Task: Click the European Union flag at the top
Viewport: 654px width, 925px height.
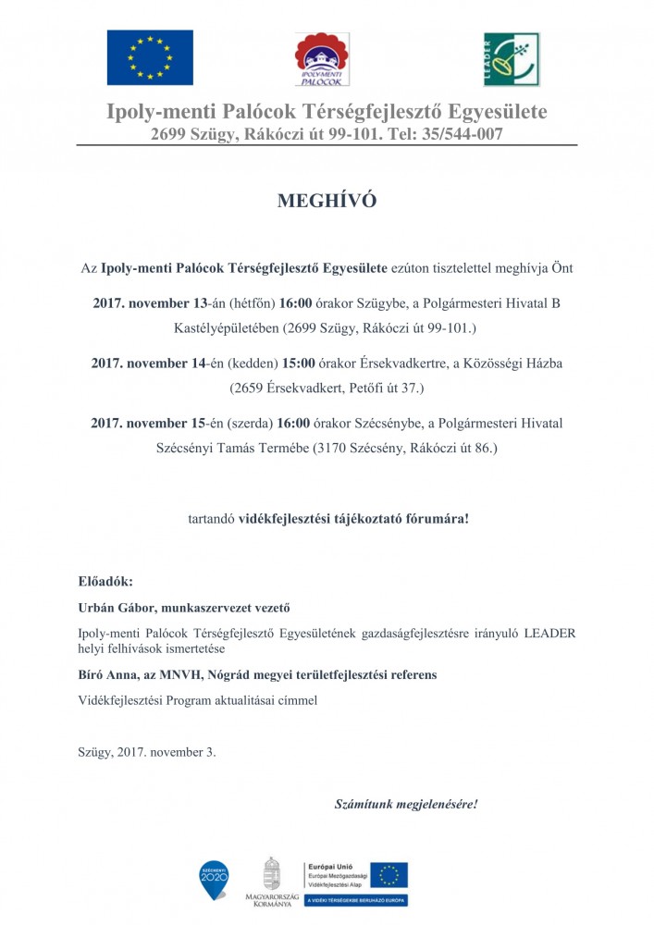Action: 150,56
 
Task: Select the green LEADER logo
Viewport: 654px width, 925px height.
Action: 511,58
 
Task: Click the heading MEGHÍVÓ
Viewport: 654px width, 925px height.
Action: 327,202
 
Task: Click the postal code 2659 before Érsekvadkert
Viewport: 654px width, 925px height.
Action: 247,388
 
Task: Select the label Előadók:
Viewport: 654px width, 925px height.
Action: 105,582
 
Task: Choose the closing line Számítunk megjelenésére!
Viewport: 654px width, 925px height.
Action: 406,803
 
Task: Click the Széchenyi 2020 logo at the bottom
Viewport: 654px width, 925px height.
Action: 214,880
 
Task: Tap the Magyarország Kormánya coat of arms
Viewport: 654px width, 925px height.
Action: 271,874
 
